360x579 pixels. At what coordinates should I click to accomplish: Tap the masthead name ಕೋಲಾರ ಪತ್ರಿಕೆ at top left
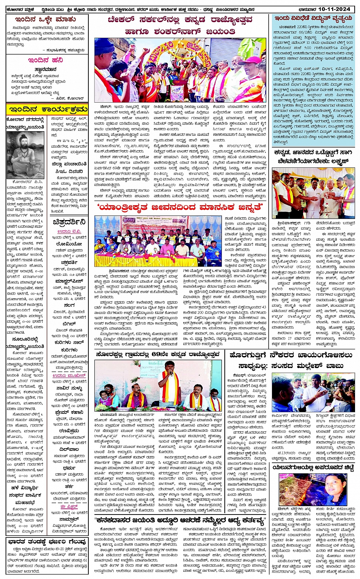(x=19, y=8)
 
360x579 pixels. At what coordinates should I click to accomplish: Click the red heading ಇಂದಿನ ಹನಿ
(x=45, y=60)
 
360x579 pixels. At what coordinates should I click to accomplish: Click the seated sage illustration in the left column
(x=25, y=155)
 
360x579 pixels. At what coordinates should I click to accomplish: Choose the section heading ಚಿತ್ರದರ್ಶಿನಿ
(x=69, y=222)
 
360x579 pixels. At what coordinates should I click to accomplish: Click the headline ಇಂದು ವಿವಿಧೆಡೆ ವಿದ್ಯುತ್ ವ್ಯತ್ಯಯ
(x=313, y=18)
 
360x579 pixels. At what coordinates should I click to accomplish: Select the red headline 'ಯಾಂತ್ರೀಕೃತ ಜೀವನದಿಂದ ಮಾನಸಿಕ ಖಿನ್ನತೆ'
(x=181, y=207)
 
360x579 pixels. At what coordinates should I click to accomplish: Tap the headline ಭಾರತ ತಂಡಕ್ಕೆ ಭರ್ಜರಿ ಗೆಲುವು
(x=47, y=542)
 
